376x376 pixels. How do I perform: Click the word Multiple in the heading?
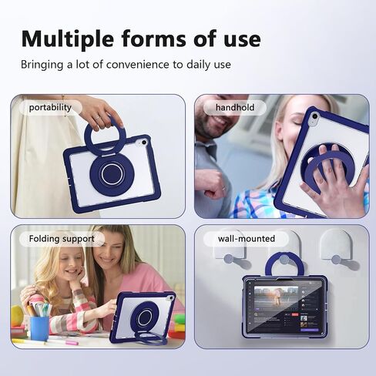[x=68, y=39]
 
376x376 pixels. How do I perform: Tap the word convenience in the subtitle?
[x=138, y=65]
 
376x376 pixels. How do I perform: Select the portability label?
[x=50, y=107]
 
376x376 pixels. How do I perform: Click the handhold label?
[x=235, y=107]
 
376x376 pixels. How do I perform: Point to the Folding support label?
[x=62, y=239]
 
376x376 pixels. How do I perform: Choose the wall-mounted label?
[x=247, y=239]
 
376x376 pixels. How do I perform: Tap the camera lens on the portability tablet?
[x=144, y=143]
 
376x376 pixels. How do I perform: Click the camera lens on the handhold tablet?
[x=314, y=117]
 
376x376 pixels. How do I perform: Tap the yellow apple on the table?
[x=17, y=316]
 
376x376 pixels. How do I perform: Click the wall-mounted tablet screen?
[x=284, y=307]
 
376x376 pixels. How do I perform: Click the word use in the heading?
[x=242, y=40]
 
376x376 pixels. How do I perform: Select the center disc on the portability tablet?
[x=111, y=174]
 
